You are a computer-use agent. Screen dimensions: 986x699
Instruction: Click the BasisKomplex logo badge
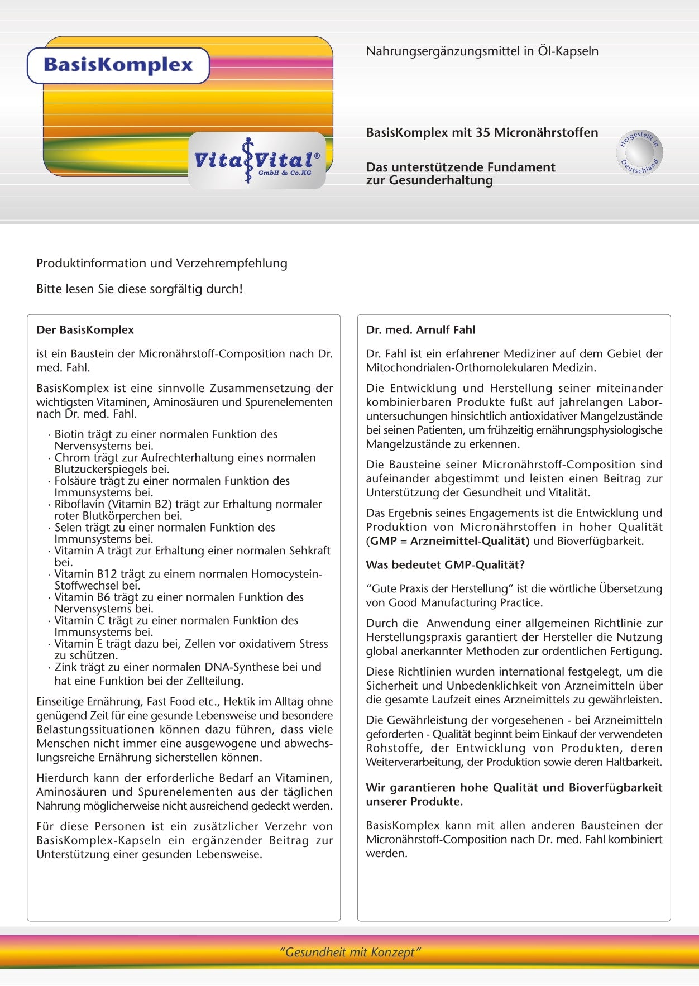pyautogui.click(x=118, y=65)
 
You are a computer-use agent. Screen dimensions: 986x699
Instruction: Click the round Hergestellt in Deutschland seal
pyautogui.click(x=640, y=152)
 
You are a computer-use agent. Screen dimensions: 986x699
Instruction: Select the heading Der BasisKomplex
pyautogui.click(x=85, y=330)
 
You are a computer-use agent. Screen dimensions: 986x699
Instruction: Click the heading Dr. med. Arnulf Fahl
pyautogui.click(x=420, y=330)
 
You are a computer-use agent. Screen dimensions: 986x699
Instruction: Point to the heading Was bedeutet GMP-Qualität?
pyautogui.click(x=445, y=565)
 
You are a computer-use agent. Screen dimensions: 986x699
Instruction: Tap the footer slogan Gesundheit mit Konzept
pyautogui.click(x=349, y=952)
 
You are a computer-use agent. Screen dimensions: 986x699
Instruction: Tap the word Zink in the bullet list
pyautogui.click(x=66, y=667)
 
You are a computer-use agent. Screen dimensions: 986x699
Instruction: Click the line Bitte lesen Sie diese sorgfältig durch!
pyautogui.click(x=140, y=289)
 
